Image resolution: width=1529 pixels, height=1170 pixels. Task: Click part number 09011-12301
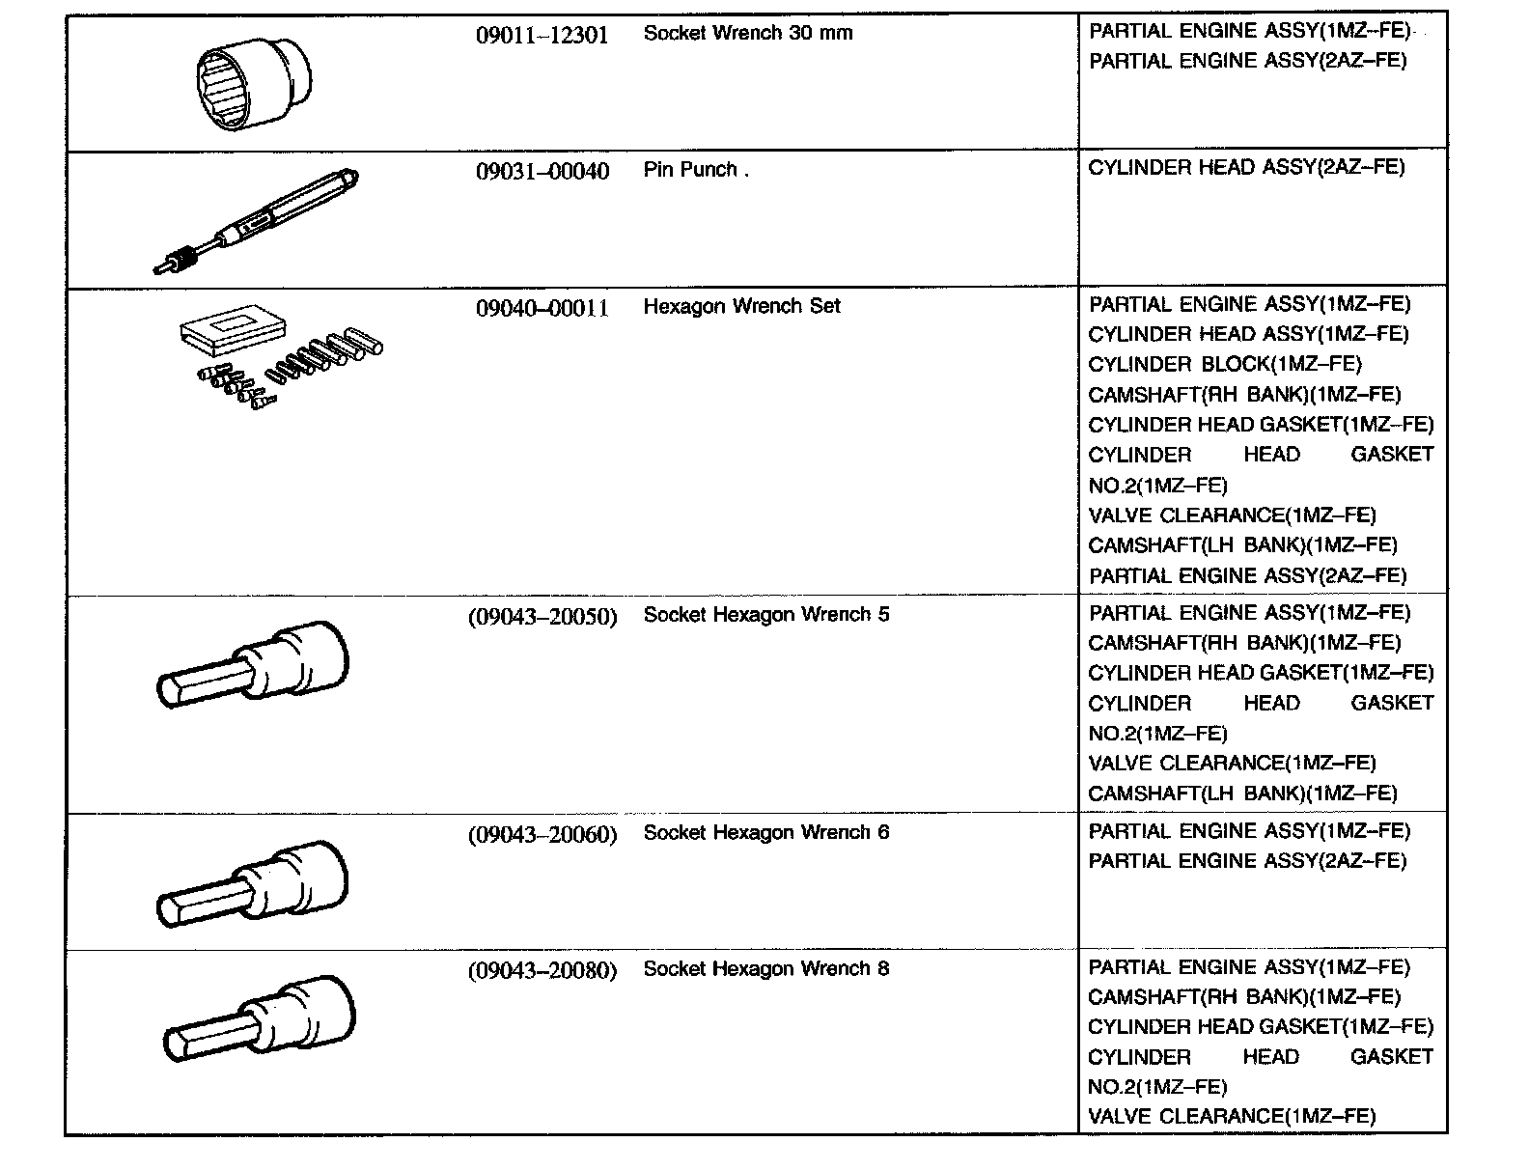(542, 36)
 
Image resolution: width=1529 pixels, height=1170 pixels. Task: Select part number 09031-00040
(542, 172)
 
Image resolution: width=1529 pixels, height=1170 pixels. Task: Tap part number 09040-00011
(542, 308)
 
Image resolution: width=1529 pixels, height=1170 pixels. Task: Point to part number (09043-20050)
(542, 616)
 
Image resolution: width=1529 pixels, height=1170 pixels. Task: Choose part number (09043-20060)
(542, 834)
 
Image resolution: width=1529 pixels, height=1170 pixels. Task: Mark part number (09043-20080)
(542, 970)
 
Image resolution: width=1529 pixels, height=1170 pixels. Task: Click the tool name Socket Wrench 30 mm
(747, 33)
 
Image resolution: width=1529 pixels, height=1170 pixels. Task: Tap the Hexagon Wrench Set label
(741, 306)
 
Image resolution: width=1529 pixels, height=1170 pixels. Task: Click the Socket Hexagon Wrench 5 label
(765, 615)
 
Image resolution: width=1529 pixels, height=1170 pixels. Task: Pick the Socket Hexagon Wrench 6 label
(765, 832)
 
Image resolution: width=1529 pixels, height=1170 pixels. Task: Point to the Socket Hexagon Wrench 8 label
(765, 968)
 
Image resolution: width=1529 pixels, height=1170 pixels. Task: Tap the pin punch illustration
(256, 220)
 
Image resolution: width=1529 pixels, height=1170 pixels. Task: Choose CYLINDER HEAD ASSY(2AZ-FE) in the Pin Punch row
(1246, 168)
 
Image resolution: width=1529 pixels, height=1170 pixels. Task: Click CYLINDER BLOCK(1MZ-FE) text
(1224, 364)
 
